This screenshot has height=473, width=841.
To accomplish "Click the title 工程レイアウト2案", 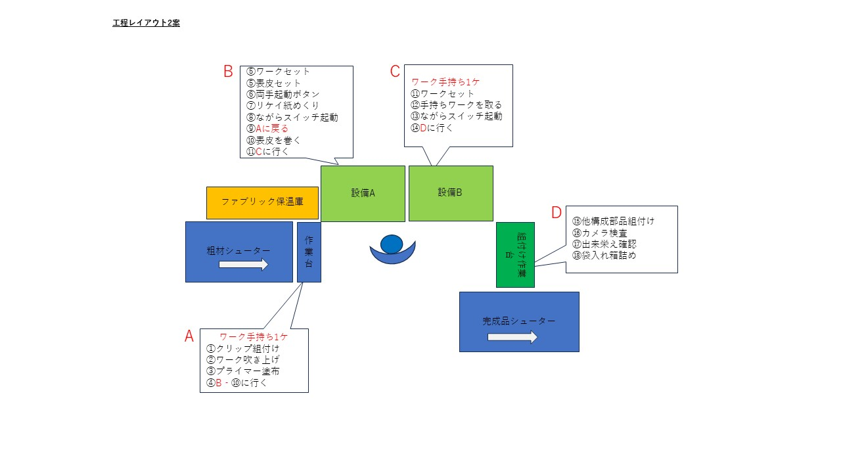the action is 146,23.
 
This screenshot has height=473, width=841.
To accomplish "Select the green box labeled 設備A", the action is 363,194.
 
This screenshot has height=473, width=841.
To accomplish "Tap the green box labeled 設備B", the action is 451,193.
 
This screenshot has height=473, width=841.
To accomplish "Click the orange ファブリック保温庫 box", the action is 262,203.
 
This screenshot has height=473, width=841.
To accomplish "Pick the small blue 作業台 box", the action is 309,252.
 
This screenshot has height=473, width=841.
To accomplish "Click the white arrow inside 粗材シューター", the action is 244,264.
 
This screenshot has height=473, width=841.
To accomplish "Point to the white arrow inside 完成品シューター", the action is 512,337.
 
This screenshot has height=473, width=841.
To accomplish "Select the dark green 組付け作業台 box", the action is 515,255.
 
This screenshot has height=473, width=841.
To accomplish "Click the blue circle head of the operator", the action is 392,244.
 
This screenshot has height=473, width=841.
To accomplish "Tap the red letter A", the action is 189,336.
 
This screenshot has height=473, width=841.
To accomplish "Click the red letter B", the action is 228,72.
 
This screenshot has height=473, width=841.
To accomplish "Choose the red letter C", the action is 395,72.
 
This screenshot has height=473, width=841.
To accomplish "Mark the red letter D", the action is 556,212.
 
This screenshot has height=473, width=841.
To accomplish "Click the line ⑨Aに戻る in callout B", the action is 267,129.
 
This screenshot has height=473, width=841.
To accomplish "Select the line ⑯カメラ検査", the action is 600,233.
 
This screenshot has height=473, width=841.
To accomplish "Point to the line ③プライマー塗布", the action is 243,371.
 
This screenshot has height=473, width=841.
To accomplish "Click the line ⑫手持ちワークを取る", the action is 456,104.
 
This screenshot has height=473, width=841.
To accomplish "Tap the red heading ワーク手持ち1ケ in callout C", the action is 445,82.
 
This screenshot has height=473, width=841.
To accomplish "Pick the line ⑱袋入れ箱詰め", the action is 604,256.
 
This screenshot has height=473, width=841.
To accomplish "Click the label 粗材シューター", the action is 239,251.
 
